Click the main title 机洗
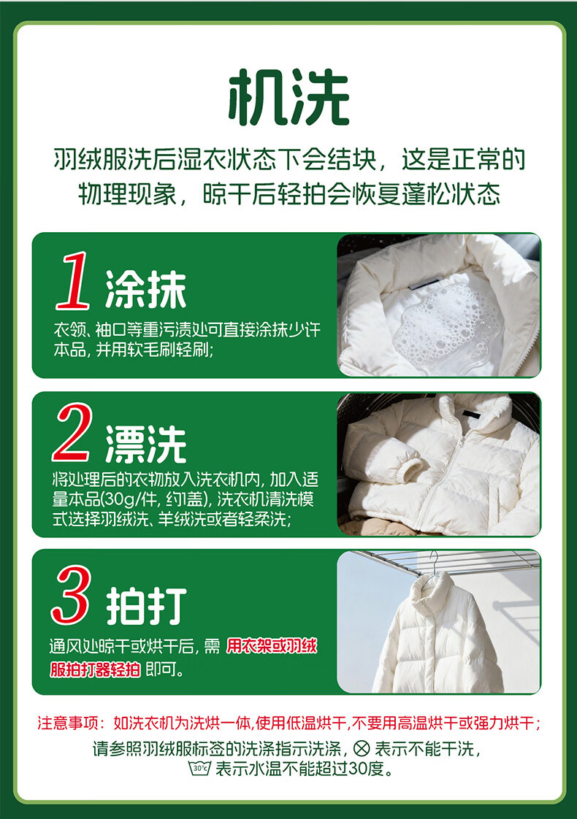(x=288, y=97)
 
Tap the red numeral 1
(x=73, y=281)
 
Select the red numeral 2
(x=72, y=432)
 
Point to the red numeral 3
(x=71, y=594)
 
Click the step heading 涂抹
(x=146, y=290)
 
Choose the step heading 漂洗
(x=146, y=445)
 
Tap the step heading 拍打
(x=146, y=606)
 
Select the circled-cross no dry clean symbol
(x=361, y=748)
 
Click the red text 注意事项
(x=68, y=723)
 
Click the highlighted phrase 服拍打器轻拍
(x=95, y=669)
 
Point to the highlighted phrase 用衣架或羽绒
(x=272, y=647)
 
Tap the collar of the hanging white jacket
(x=432, y=591)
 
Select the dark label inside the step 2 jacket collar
(x=471, y=414)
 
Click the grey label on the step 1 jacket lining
(x=425, y=284)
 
